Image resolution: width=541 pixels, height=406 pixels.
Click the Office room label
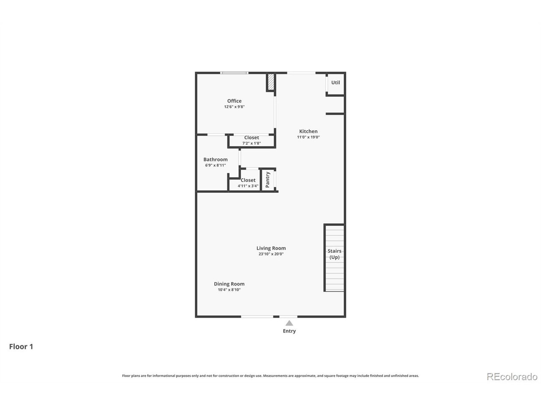coord(234,101)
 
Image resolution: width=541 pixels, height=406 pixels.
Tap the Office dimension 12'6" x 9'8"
coord(234,107)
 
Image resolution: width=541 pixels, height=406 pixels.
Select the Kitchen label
coord(308,131)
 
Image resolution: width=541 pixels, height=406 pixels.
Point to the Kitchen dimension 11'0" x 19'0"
coord(308,137)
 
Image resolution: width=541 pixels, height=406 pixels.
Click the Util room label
coord(336,82)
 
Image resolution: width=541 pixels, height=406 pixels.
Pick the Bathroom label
coord(216,159)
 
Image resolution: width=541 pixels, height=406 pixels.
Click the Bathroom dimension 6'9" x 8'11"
coord(216,165)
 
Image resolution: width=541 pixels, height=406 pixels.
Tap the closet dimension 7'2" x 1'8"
coord(251,143)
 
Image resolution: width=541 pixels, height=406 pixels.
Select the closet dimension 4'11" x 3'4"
coord(248,186)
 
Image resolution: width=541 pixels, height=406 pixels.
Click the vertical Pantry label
coord(268,180)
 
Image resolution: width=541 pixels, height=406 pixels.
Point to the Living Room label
coord(271,248)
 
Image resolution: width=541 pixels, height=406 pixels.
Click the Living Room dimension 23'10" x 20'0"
coord(271,254)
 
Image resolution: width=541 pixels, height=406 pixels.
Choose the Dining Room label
coord(229,284)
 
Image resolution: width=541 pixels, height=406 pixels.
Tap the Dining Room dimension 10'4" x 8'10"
coord(229,290)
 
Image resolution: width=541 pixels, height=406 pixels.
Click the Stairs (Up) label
coord(334,254)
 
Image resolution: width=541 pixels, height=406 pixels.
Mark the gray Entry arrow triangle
coord(289,323)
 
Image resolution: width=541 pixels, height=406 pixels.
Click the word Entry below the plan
coord(289,331)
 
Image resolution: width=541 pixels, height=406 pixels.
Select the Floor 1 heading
coord(21,346)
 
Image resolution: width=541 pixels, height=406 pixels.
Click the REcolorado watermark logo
coord(512,376)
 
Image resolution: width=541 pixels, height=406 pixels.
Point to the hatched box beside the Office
coord(270,82)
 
